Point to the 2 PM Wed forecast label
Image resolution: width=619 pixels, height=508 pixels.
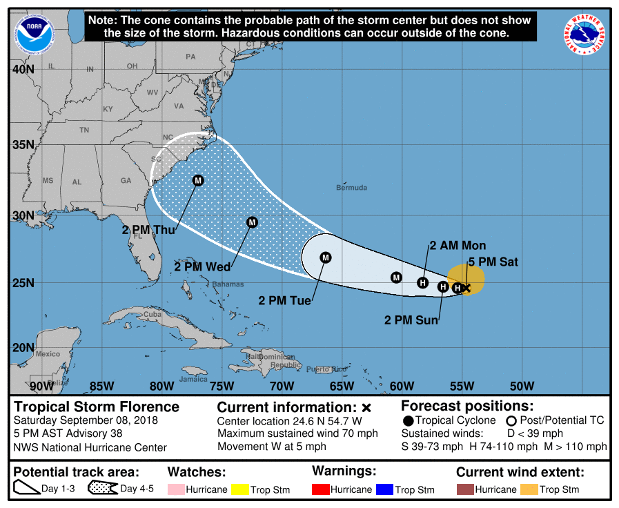click(202, 266)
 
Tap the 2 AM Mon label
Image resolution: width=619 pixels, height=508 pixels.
click(458, 245)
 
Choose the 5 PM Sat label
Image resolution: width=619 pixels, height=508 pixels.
click(493, 262)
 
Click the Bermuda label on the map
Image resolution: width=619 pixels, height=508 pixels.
click(351, 188)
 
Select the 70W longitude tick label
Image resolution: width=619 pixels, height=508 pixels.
click(282, 385)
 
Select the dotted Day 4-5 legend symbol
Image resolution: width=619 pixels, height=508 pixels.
click(102, 489)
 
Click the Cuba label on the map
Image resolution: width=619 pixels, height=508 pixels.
click(152, 314)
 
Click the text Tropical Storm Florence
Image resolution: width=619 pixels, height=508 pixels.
click(97, 407)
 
